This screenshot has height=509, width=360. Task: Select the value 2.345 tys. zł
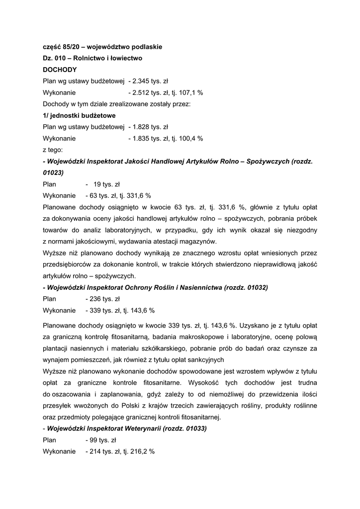[150, 81]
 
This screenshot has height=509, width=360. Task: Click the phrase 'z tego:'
[53, 150]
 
